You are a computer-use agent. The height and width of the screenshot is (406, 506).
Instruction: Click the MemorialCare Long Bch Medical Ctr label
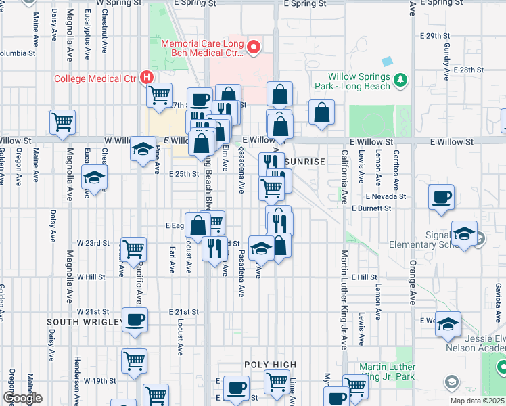[202, 47]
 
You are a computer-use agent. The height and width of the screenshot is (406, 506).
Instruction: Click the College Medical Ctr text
[96, 78]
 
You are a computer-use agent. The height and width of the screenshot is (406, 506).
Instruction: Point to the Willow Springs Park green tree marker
[400, 81]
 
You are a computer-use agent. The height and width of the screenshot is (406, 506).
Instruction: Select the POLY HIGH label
[271, 365]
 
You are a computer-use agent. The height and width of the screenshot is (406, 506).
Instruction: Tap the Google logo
[22, 397]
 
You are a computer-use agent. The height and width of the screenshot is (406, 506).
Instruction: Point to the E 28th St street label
[469, 70]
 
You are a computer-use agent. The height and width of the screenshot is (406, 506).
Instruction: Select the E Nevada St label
[386, 196]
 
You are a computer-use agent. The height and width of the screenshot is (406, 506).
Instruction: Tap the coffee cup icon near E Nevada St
[442, 197]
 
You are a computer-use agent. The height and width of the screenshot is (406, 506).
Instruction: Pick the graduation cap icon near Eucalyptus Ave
[95, 178]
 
